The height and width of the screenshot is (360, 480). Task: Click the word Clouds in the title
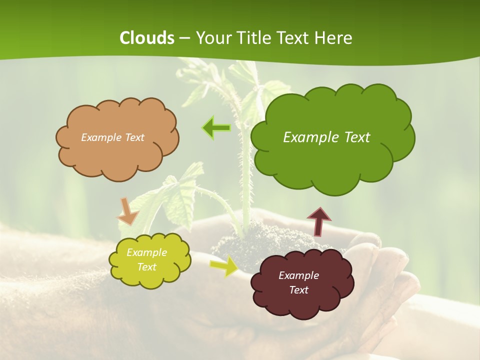tap(147, 38)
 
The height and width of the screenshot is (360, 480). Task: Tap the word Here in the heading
tap(335, 38)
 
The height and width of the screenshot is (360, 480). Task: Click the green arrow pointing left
tap(216, 128)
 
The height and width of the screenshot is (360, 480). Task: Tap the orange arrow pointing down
tap(127, 211)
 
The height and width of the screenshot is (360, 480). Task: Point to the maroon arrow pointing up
tap(318, 221)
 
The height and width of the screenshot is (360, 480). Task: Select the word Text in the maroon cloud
tap(298, 290)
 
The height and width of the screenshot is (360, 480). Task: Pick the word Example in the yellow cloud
tap(146, 252)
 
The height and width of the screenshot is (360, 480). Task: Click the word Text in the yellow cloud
tap(146, 267)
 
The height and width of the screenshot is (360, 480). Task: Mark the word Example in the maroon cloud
tap(298, 275)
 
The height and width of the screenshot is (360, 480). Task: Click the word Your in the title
tap(209, 38)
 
